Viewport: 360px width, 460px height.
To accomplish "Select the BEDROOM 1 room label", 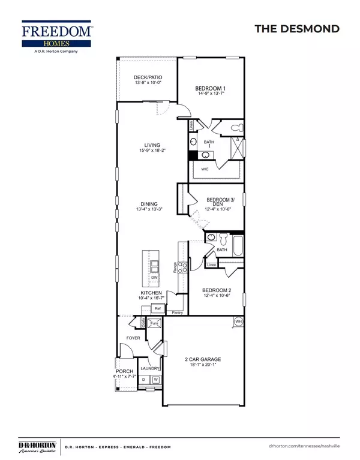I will click(210, 88).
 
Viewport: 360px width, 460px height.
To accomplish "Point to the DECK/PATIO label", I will click(147, 78).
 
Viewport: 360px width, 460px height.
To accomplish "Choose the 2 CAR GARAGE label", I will click(203, 360).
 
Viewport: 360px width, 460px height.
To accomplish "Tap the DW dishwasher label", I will click(154, 278).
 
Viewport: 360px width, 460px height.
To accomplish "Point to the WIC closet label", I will click(205, 169).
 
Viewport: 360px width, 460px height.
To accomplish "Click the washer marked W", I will click(155, 380).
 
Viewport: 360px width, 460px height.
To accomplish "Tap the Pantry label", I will click(177, 312).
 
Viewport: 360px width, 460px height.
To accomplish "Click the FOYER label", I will click(133, 338).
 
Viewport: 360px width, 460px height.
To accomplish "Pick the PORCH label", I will click(124, 371).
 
